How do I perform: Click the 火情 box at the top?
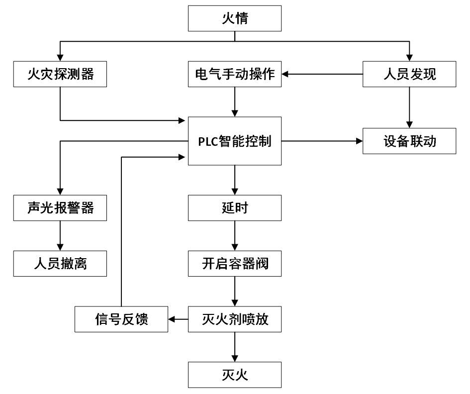[x=235, y=19]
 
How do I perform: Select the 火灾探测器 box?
[x=60, y=75]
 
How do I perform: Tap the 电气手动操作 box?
[x=235, y=75]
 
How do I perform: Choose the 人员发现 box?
[x=409, y=75]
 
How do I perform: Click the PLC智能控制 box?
[x=235, y=141]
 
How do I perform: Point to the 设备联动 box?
[x=409, y=141]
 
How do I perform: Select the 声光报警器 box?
[x=60, y=207]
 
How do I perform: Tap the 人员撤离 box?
[x=60, y=263]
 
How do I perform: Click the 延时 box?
[x=235, y=207]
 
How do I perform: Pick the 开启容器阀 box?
[x=235, y=263]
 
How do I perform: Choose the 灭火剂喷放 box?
[x=235, y=319]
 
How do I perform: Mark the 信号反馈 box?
[x=121, y=319]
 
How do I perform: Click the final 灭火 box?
[x=235, y=375]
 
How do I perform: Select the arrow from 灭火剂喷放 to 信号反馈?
[x=178, y=319]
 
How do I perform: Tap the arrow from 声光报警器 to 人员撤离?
[x=60, y=235]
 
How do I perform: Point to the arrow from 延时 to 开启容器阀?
[x=235, y=235]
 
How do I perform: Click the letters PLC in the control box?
[x=208, y=141]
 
